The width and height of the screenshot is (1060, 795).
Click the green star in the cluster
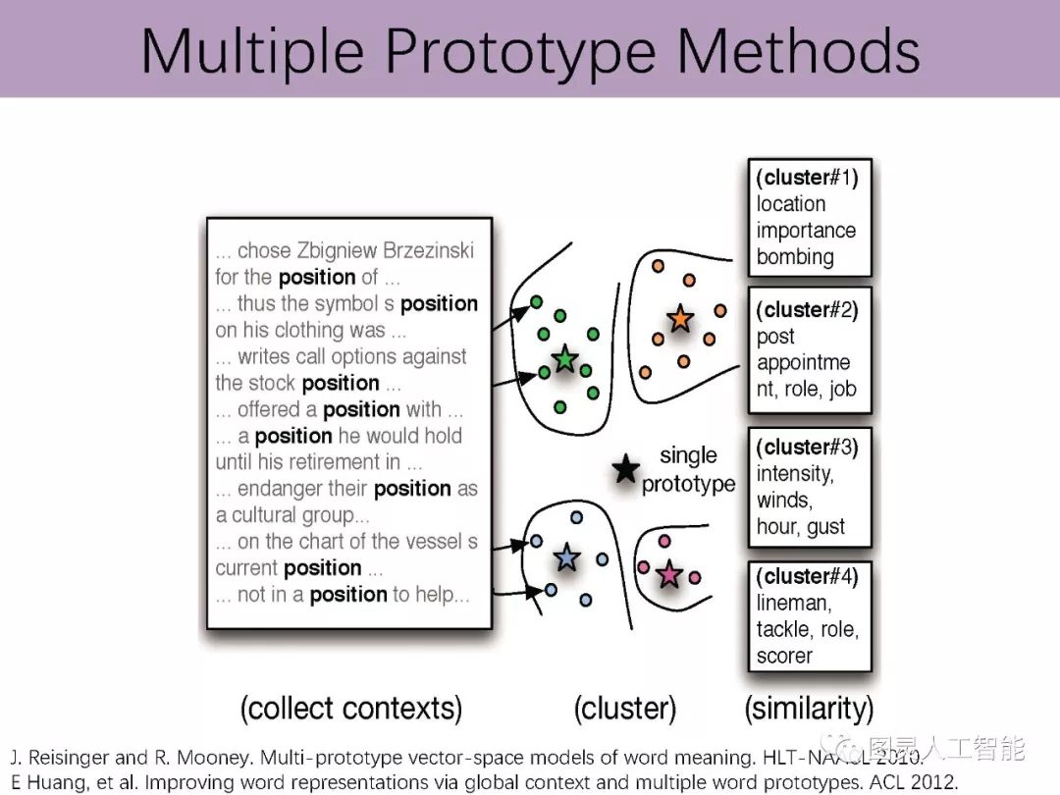[x=564, y=358]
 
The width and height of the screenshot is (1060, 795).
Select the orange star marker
[x=679, y=319]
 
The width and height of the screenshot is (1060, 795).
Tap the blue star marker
[x=567, y=557]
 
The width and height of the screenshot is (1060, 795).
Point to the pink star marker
[x=669, y=574]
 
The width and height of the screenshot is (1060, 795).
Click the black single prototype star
[x=625, y=469]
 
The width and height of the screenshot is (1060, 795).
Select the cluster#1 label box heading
[x=807, y=178]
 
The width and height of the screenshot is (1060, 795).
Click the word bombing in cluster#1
[x=795, y=257]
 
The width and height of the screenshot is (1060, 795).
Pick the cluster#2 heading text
[x=807, y=310]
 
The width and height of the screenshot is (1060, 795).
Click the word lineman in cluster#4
[x=793, y=603]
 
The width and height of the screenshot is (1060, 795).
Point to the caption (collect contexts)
[x=350, y=708]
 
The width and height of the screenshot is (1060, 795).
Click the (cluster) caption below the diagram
[x=625, y=708]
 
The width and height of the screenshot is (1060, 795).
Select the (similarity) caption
[x=809, y=708]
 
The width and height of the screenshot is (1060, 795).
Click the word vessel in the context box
[x=431, y=541]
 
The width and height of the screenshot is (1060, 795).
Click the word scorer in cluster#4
[x=784, y=656]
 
